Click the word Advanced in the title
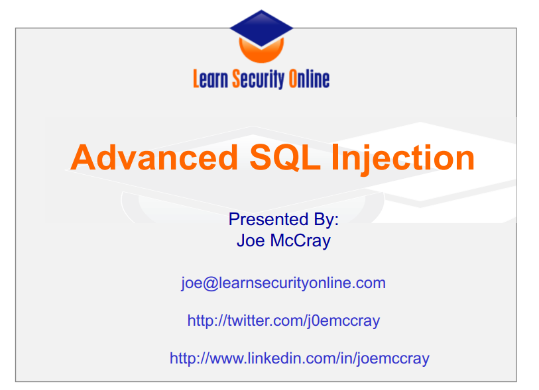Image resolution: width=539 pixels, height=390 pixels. (154, 158)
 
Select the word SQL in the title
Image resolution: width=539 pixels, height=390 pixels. (285, 158)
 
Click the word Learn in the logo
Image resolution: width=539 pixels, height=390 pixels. (210, 79)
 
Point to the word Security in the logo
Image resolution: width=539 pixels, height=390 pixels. (259, 79)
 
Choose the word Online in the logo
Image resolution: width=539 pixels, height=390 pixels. (309, 79)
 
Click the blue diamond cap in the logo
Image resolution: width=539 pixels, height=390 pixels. (261, 28)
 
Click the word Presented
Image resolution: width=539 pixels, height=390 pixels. (269, 219)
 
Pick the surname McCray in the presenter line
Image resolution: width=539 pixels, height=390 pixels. (300, 241)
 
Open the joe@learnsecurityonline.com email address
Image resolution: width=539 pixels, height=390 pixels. (283, 283)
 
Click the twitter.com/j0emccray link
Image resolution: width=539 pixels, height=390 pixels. (284, 321)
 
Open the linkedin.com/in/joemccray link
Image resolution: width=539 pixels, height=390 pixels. (300, 359)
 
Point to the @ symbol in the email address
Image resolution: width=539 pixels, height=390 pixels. (210, 284)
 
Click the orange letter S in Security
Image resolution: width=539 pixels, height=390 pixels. (236, 79)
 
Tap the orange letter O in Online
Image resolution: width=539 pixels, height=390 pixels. (293, 79)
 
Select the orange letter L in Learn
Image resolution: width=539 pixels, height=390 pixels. (196, 79)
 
